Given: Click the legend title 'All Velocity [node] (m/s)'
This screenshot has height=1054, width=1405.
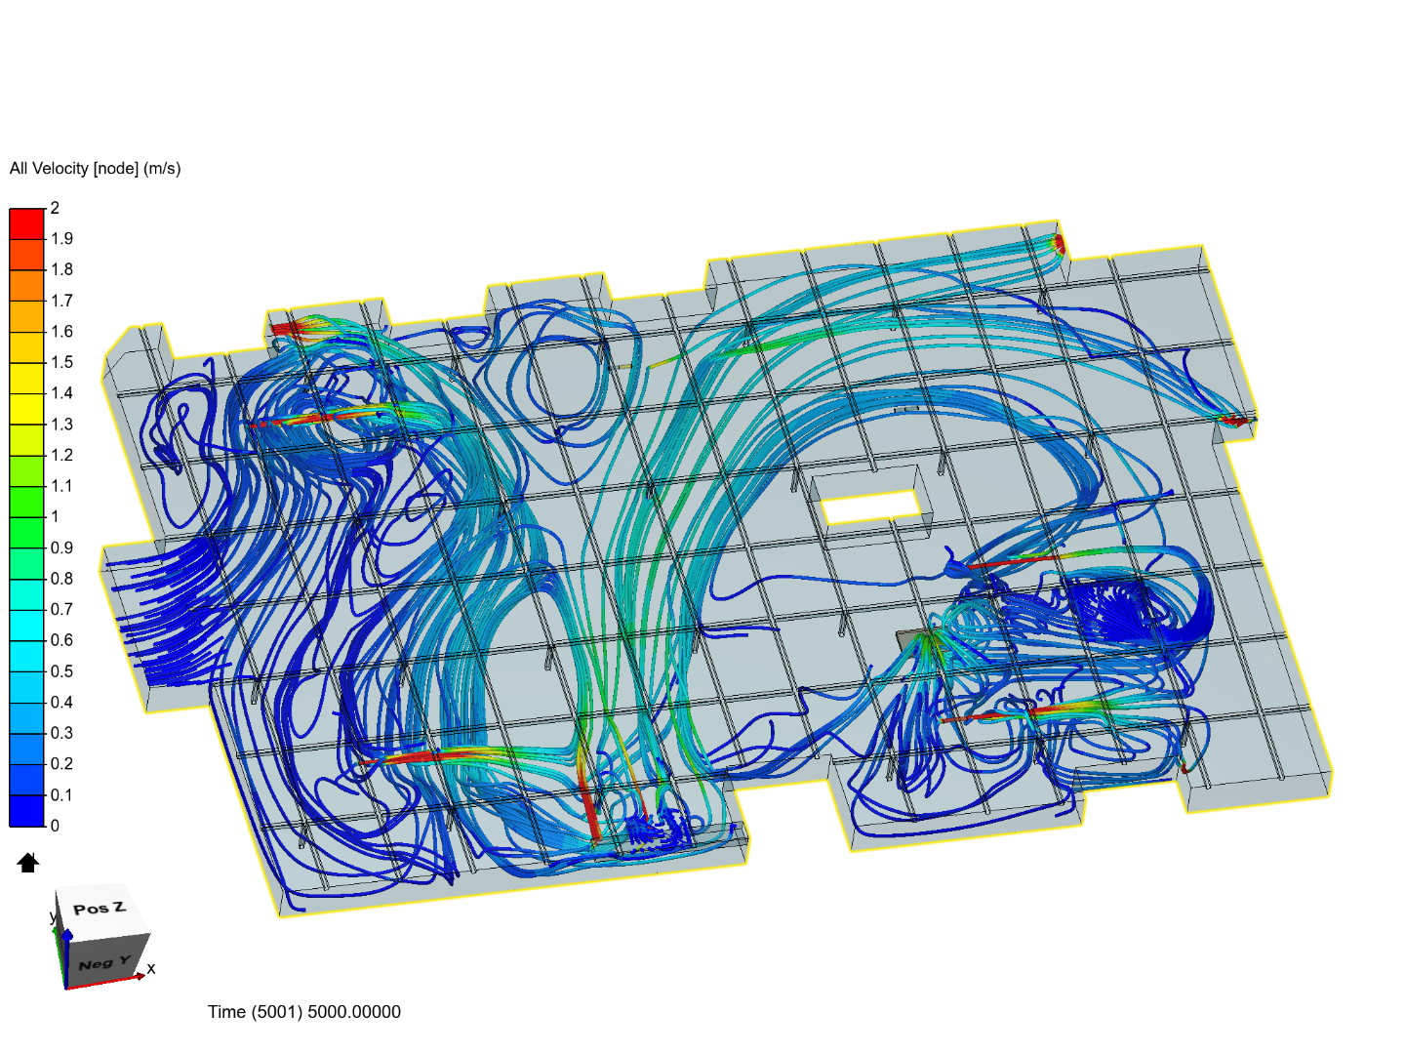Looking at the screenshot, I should pos(95,169).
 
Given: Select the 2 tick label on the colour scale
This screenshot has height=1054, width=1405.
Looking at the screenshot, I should pos(56,208).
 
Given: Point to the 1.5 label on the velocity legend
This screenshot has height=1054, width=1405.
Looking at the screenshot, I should pos(61,362).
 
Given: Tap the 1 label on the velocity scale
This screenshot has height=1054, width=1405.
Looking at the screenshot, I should pos(56,516).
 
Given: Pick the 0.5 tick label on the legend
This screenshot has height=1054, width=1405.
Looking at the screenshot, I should pos(61,671).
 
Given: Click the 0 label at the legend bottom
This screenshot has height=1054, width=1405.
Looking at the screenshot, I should pos(56,826).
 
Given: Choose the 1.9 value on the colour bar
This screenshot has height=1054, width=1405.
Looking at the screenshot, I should pos(61,239).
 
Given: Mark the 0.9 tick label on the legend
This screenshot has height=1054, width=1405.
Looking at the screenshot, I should pos(61,547).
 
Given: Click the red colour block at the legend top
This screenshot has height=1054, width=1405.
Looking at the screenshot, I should pos(26,223).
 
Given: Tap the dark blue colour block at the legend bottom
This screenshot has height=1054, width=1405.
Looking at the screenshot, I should pos(26,811).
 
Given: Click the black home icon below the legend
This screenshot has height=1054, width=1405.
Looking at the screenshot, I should pos(27,863).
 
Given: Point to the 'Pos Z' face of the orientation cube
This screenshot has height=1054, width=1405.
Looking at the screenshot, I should pos(100,909).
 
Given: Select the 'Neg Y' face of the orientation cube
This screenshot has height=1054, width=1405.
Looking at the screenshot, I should pos(103,963).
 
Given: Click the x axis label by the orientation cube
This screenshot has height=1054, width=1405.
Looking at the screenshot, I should pos(151,969).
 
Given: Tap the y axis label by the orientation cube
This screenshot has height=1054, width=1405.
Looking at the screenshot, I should pos(54,917).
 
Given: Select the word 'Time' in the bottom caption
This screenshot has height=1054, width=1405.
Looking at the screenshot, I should pos(226,1012).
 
